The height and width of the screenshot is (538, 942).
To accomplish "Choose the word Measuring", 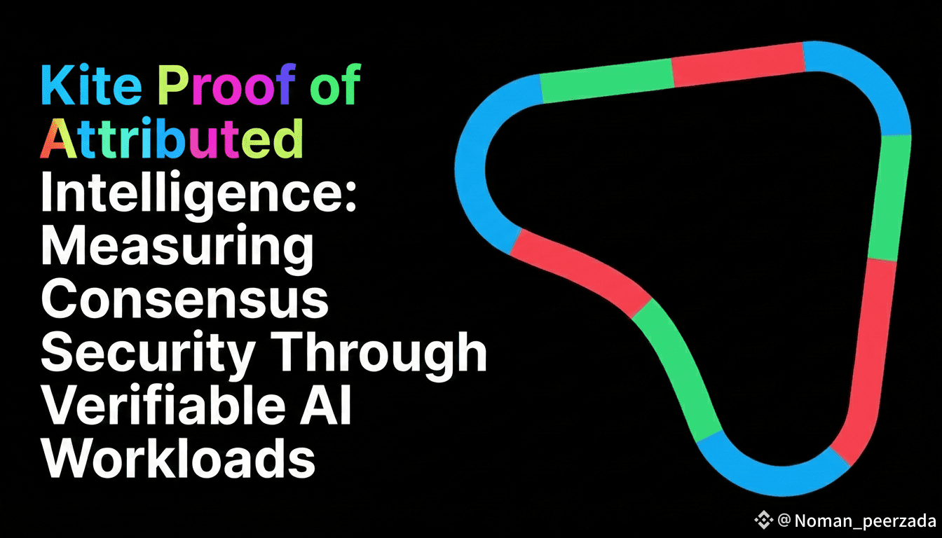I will click(x=177, y=247).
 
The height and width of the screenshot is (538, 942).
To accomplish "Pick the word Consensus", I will click(x=184, y=299).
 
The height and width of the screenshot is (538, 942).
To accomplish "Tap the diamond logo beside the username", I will click(x=763, y=520).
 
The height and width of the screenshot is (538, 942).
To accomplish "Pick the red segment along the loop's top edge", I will click(x=737, y=64).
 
